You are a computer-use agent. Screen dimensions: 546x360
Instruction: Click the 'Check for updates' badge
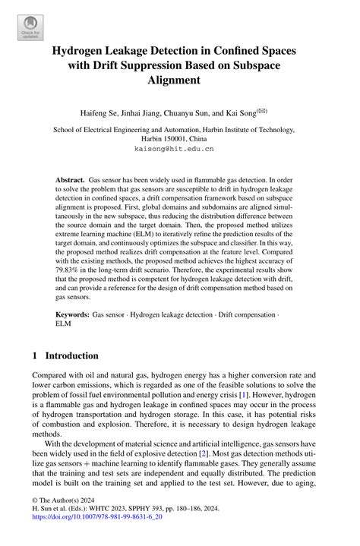click(31, 28)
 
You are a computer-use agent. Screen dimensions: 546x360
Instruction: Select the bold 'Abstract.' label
click(70, 181)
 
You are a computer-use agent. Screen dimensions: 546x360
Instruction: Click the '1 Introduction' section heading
click(65, 355)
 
